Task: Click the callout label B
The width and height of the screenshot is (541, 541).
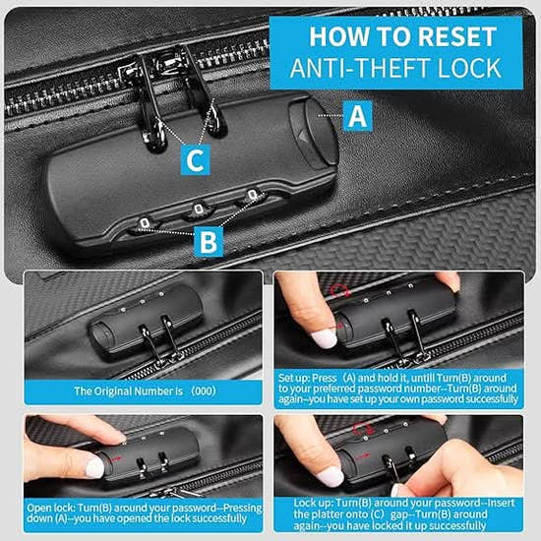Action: coord(209,239)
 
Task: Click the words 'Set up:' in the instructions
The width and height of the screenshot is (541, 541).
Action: coord(296,375)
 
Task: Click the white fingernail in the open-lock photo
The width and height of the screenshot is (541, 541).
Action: coord(94,468)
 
